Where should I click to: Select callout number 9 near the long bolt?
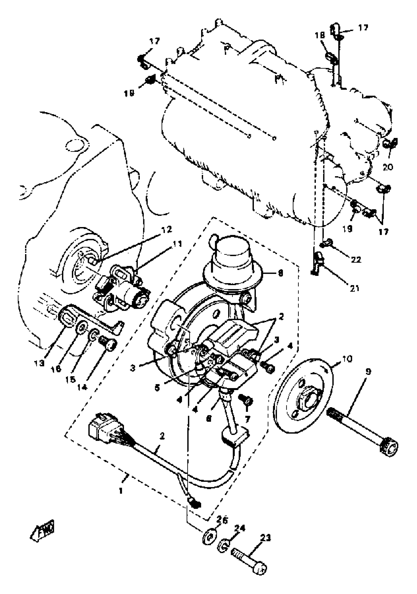[368, 372]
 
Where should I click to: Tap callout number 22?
[356, 259]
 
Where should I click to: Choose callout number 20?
[388, 167]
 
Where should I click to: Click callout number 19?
[348, 229]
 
